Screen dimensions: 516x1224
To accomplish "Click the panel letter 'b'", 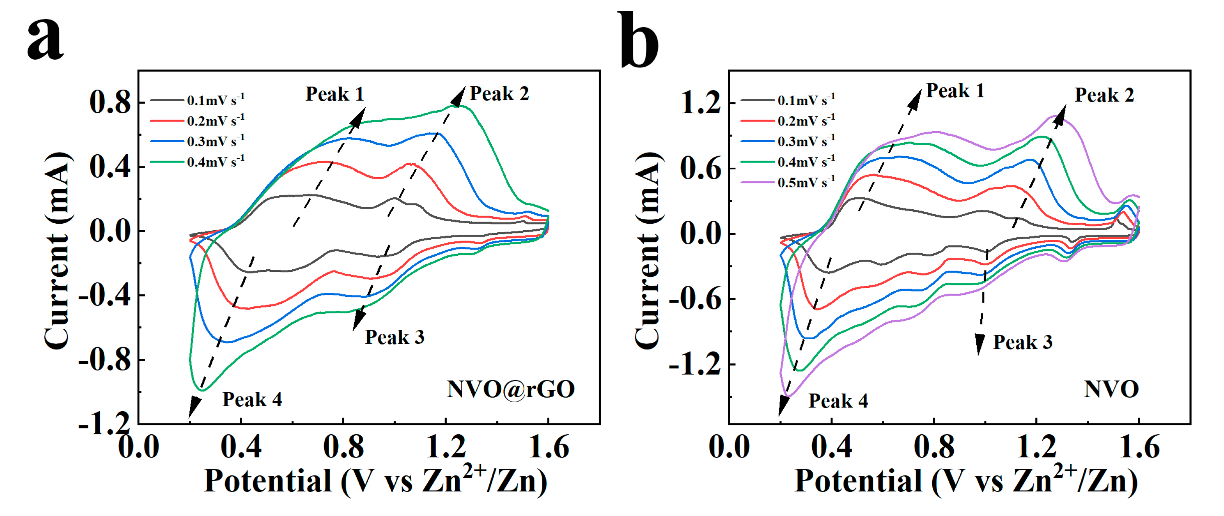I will [x=639, y=40].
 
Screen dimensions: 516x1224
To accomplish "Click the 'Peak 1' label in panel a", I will [x=334, y=94].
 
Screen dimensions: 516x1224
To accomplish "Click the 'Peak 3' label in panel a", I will [x=394, y=337].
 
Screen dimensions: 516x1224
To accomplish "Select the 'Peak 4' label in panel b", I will [x=838, y=401].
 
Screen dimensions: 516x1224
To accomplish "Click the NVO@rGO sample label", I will [x=511, y=389].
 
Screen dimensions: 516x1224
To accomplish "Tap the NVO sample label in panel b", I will [x=1111, y=389].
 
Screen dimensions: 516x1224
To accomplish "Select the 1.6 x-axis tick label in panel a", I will [x=549, y=447].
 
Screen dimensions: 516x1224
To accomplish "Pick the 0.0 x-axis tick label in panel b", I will [x=729, y=447].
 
